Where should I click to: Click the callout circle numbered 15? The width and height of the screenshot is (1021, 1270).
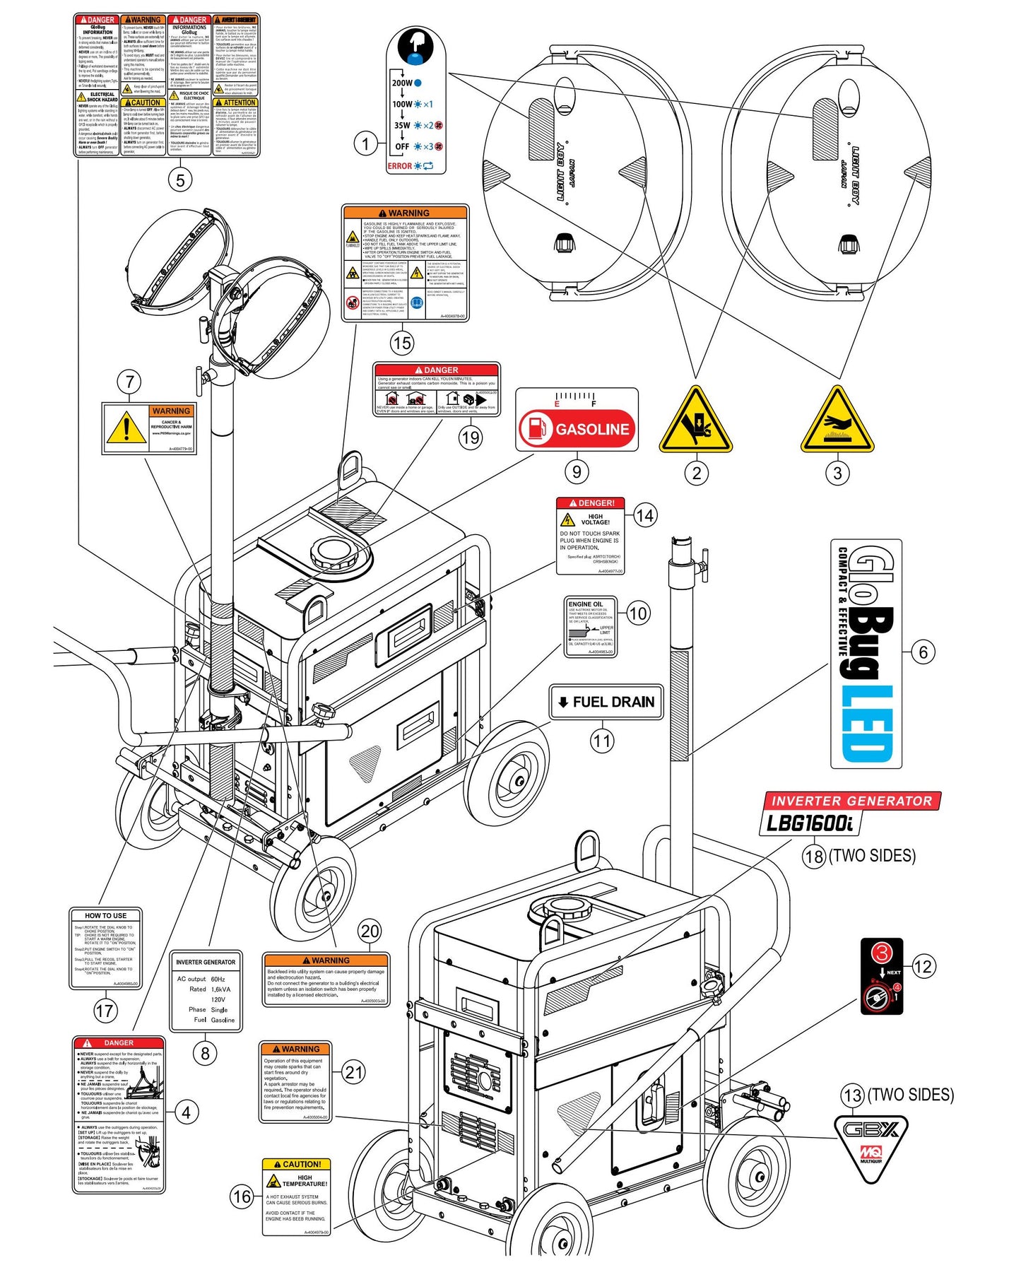click(x=401, y=343)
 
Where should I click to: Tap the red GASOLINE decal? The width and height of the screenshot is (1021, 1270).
click(x=577, y=428)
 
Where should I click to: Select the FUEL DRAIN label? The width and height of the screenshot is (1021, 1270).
click(x=606, y=702)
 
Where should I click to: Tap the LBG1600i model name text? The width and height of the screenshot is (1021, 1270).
click(x=810, y=823)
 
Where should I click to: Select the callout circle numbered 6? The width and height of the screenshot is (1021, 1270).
click(x=923, y=652)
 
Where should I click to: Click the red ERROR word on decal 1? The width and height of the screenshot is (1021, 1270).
click(x=399, y=166)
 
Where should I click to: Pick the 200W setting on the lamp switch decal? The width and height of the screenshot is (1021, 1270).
click(x=403, y=83)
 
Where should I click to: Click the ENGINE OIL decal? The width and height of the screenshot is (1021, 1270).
click(x=591, y=626)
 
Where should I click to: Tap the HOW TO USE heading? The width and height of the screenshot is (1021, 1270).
click(x=106, y=915)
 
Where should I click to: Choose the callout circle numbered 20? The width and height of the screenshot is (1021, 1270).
click(x=370, y=931)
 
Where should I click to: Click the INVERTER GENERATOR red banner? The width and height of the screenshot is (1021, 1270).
click(x=851, y=801)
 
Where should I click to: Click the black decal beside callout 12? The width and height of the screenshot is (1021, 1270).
click(x=881, y=976)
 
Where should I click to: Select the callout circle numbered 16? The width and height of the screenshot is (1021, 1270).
click(x=241, y=1196)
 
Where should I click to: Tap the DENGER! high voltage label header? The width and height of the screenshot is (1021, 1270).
click(x=591, y=503)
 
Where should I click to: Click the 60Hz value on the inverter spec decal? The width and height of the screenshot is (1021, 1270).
click(x=218, y=979)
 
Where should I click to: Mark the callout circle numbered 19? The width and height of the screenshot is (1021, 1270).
click(x=470, y=437)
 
